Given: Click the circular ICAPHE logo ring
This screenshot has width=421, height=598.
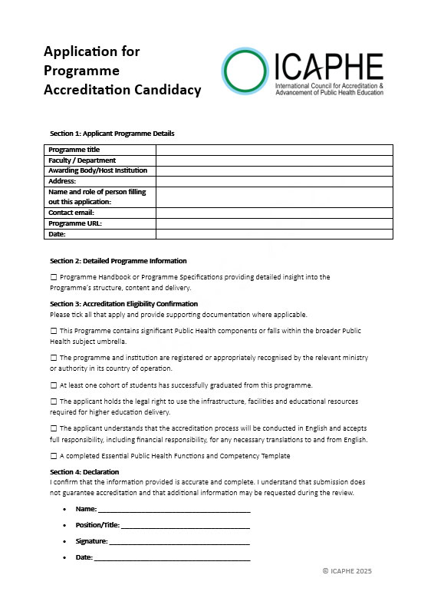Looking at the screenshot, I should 246,71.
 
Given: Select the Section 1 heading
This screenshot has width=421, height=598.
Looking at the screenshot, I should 111,134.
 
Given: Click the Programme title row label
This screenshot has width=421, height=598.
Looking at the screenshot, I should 74,150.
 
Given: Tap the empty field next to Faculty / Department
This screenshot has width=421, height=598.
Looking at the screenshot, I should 274,160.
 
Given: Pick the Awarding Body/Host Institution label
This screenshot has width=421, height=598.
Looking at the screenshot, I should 97,170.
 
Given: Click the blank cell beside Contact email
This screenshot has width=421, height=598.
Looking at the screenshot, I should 274,213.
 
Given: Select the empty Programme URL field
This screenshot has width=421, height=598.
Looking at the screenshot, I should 274,223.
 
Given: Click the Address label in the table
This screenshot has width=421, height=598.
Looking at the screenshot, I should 62,181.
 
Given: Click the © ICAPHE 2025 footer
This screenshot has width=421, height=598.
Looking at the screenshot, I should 347,571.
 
